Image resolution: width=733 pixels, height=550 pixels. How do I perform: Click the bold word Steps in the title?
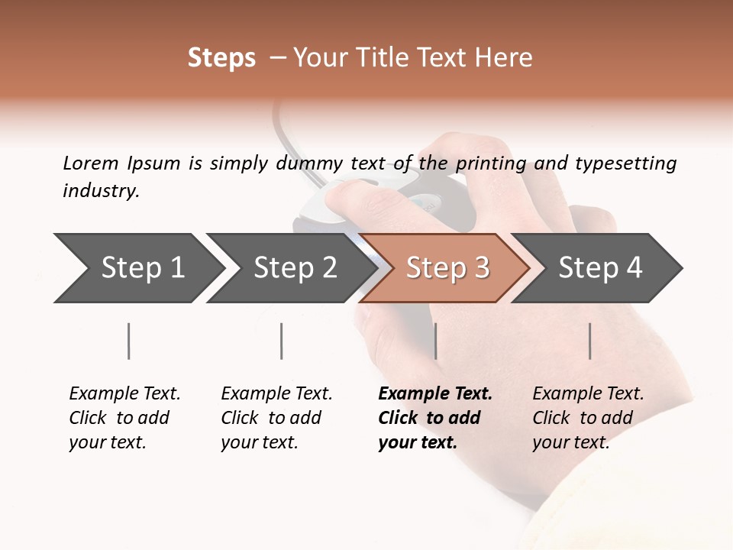pyautogui.click(x=221, y=58)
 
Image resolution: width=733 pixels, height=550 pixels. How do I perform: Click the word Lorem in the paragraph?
pyautogui.click(x=90, y=163)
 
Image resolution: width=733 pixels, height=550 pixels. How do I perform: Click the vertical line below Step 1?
pyautogui.click(x=128, y=341)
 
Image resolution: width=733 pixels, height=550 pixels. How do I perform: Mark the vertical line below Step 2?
pyautogui.click(x=281, y=341)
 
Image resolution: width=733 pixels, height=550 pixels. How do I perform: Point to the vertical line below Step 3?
pyautogui.click(x=435, y=341)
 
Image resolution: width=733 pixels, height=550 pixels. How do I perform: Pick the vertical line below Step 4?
pyautogui.click(x=589, y=341)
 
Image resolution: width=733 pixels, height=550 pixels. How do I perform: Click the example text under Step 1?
pyautogui.click(x=124, y=418)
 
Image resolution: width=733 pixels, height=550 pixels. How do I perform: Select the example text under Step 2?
pyautogui.click(x=276, y=418)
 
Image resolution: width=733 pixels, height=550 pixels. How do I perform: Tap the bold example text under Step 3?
pyautogui.click(x=435, y=418)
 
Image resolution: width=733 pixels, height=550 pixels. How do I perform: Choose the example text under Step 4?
pyautogui.click(x=588, y=418)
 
